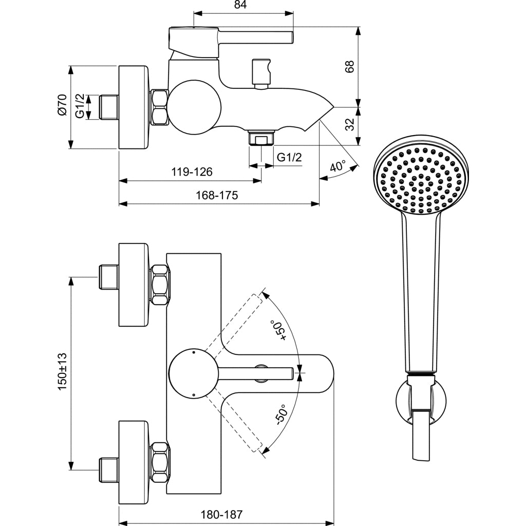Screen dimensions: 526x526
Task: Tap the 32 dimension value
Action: pos(349,124)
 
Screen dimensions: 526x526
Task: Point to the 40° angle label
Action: pos(338,166)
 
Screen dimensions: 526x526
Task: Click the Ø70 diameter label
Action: pos(62,105)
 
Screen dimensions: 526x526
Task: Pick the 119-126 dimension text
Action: pos(191,172)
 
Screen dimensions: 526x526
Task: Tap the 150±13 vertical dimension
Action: pos(63,371)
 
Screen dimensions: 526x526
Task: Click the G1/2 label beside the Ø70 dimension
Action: pos(80,106)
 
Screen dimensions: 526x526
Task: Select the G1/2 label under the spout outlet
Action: pos(289,157)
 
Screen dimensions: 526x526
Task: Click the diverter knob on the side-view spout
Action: pos(261,73)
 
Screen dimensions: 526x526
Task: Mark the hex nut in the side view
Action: pos(159,107)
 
